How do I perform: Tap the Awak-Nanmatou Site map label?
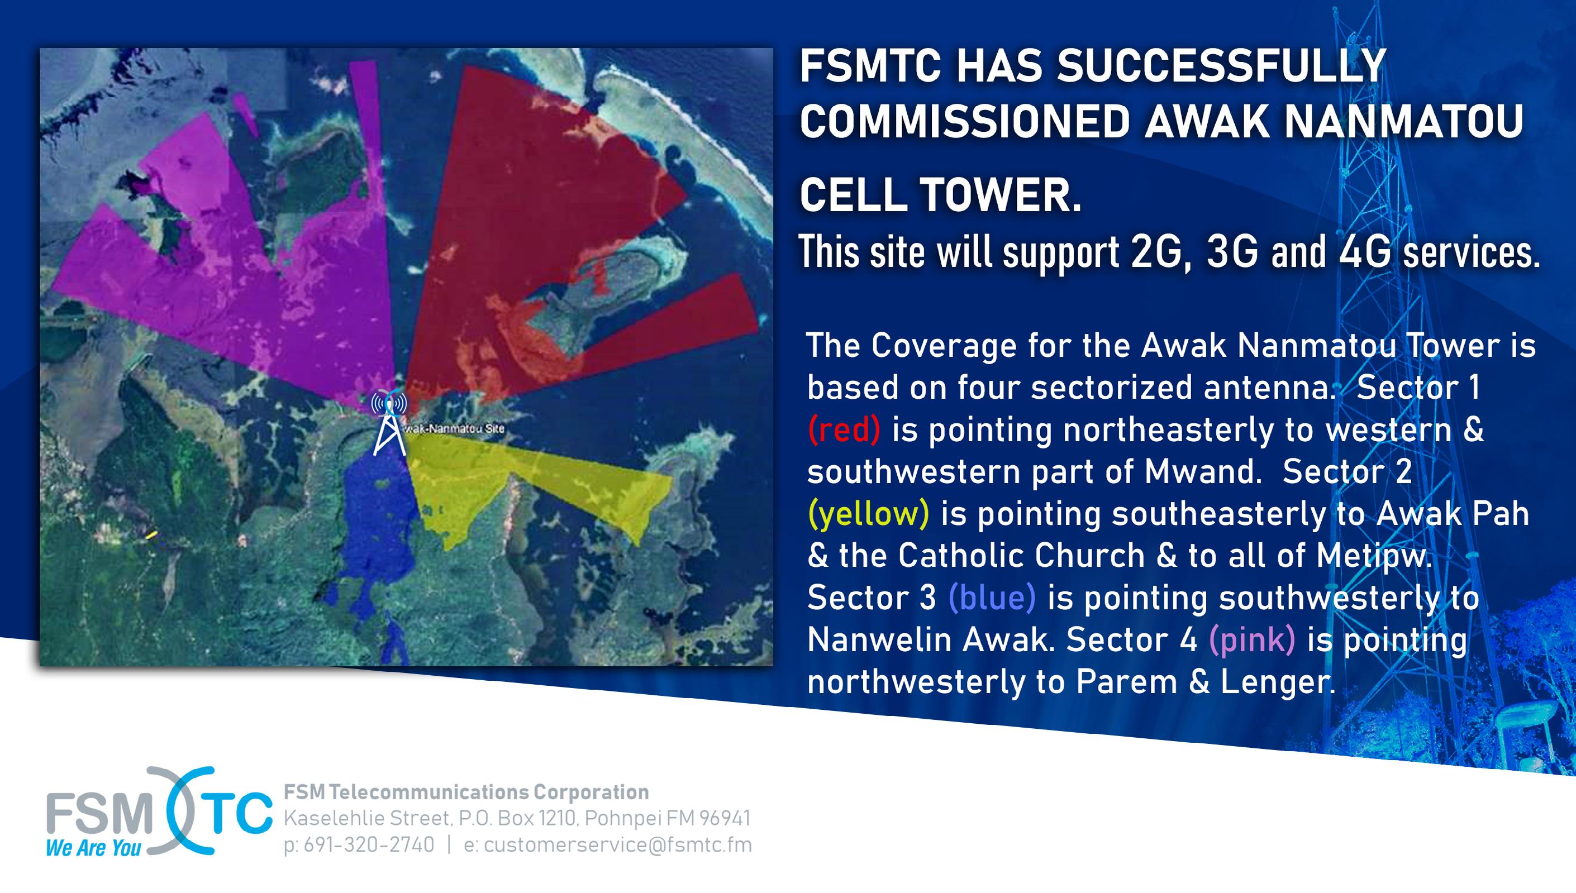(x=454, y=429)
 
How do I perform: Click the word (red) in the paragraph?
(x=844, y=429)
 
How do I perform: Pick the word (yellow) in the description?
(x=868, y=513)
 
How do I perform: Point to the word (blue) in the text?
(x=992, y=598)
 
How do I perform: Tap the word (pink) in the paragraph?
(x=1252, y=639)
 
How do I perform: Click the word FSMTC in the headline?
(x=870, y=66)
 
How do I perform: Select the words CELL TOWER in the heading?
(x=940, y=194)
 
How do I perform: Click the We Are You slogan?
(x=93, y=848)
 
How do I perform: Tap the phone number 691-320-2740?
(x=369, y=844)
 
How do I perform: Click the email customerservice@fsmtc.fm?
(x=618, y=844)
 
